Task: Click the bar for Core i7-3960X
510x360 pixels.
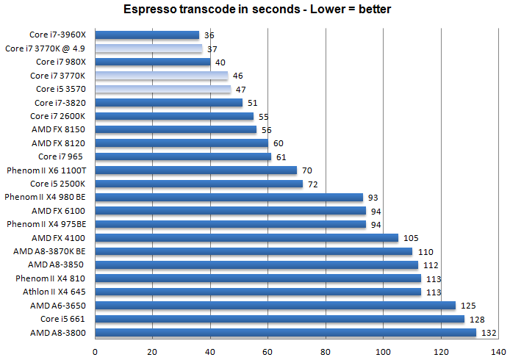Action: (x=147, y=35)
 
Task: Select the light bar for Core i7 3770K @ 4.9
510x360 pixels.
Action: (x=148, y=48)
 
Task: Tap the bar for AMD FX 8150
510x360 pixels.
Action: (x=176, y=130)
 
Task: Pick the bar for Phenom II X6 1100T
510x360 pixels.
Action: (x=195, y=170)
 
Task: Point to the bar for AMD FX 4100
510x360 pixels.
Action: (x=246, y=238)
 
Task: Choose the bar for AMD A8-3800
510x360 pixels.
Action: (x=285, y=333)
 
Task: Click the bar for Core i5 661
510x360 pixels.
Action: (x=279, y=320)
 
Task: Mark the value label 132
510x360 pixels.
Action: (x=488, y=333)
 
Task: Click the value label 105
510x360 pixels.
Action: (x=410, y=238)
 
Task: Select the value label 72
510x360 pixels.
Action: (x=314, y=184)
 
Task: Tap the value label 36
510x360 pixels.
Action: (x=209, y=35)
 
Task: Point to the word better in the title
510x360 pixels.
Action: (x=372, y=10)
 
